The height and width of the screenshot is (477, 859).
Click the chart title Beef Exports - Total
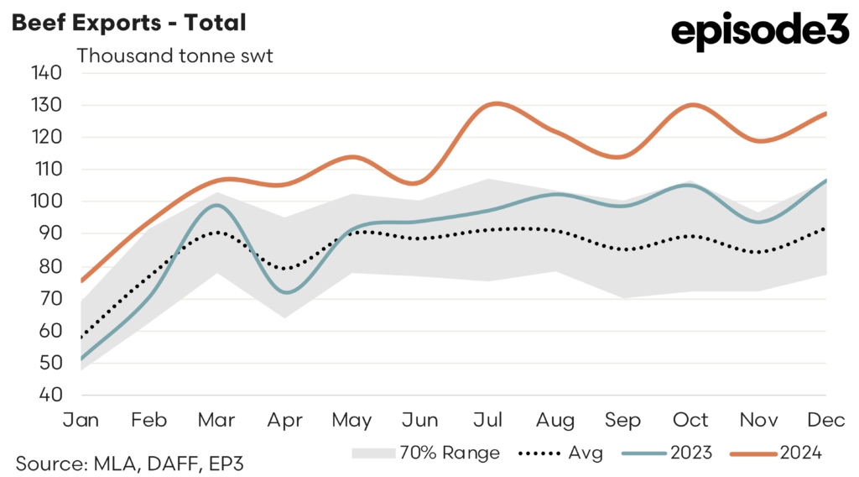click(128, 23)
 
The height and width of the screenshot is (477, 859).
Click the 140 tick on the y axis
click(47, 73)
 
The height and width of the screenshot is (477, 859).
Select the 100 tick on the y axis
click(47, 202)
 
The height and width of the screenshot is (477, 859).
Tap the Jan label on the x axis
click(81, 420)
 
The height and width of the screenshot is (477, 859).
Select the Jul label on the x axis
click(488, 420)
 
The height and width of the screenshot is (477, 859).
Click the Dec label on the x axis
click(825, 420)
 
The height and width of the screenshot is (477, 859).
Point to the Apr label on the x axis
click(285, 420)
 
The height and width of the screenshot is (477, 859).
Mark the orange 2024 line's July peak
click(495, 104)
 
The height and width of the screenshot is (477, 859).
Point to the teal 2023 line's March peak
click(216, 205)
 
